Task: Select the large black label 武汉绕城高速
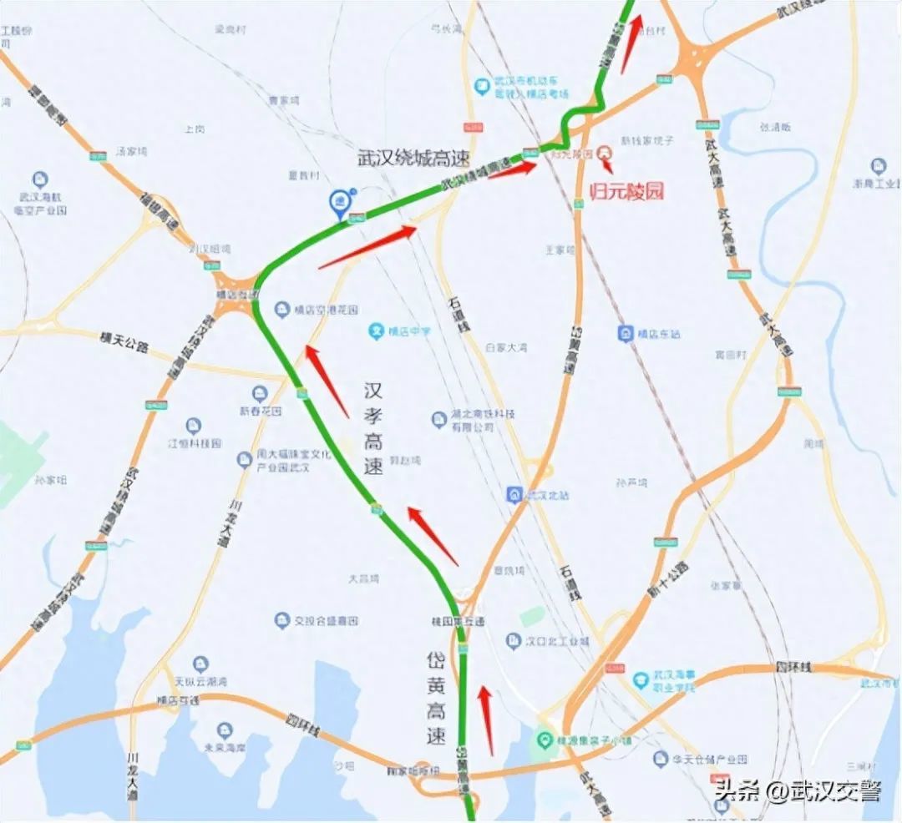pyautogui.click(x=413, y=159)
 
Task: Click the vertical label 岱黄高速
pyautogui.click(x=435, y=699)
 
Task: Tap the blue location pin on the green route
pyautogui.click(x=339, y=200)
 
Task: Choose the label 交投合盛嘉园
pyautogui.click(x=326, y=621)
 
